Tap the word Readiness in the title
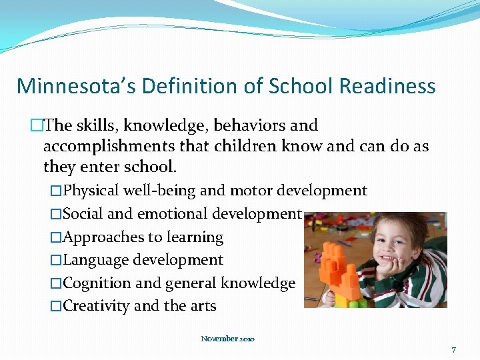click(x=387, y=86)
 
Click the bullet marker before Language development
click(x=56, y=261)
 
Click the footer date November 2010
click(x=227, y=339)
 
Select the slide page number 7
click(x=453, y=349)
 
